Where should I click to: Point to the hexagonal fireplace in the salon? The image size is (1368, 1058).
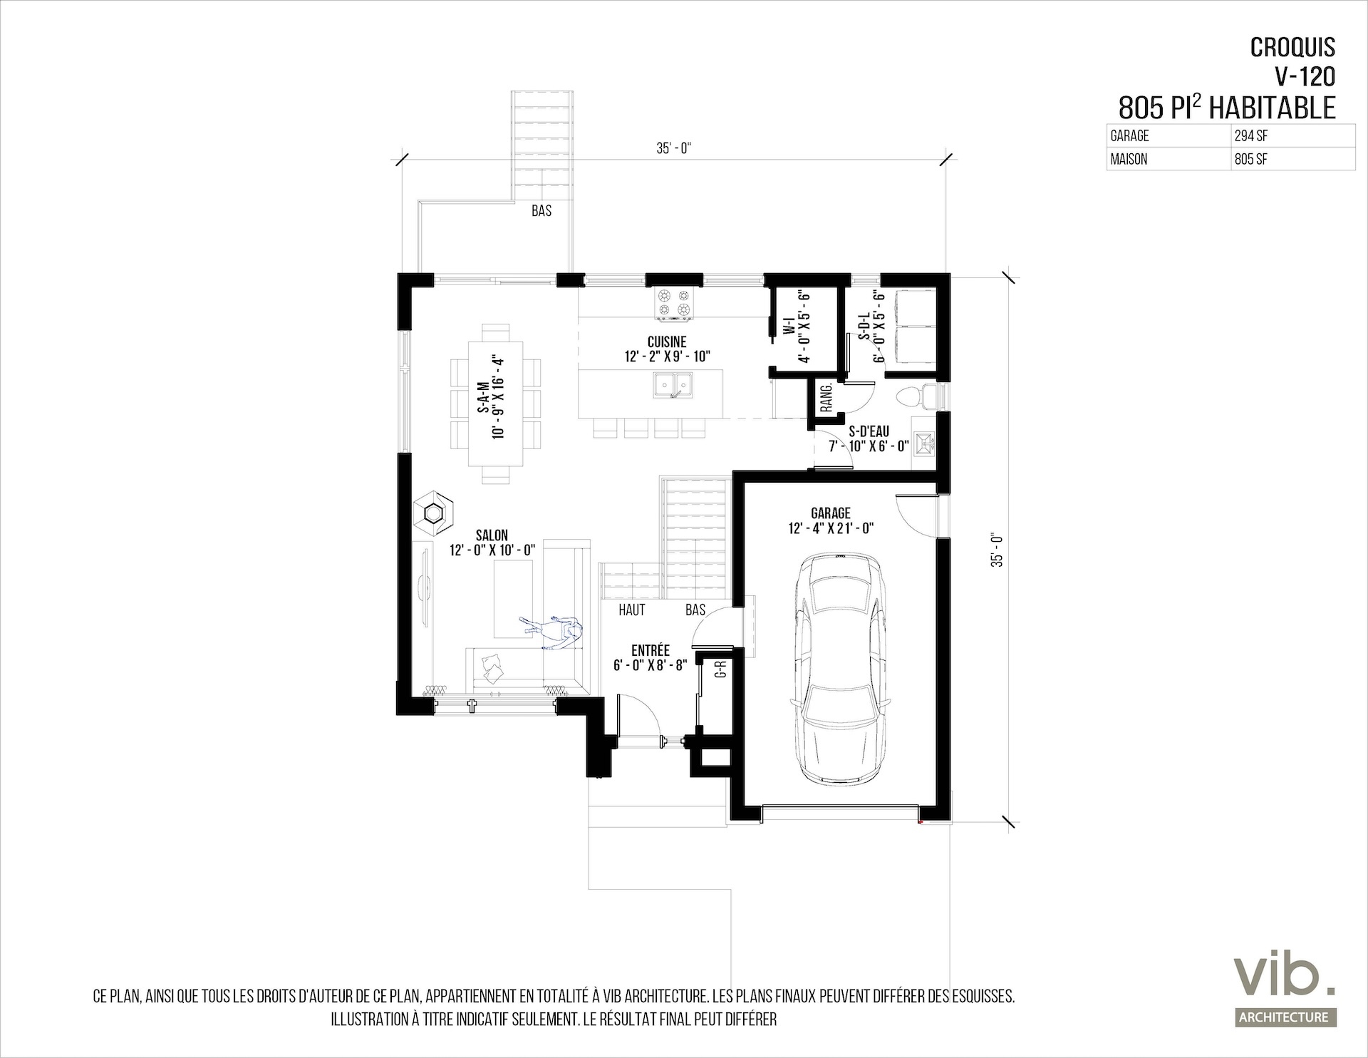[x=432, y=511]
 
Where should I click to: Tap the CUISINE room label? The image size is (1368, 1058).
[x=668, y=342]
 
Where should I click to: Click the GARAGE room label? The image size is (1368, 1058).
[x=831, y=513]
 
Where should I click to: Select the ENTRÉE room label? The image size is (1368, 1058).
[x=651, y=650]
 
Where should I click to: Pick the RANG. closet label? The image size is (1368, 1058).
[x=826, y=398]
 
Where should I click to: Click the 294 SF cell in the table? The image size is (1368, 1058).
[x=1251, y=135]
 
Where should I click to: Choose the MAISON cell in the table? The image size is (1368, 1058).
[x=1129, y=159]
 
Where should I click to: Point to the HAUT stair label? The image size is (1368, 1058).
[x=632, y=610]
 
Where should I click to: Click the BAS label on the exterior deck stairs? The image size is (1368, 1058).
[x=541, y=211]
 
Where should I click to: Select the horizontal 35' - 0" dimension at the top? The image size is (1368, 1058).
[x=674, y=148]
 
